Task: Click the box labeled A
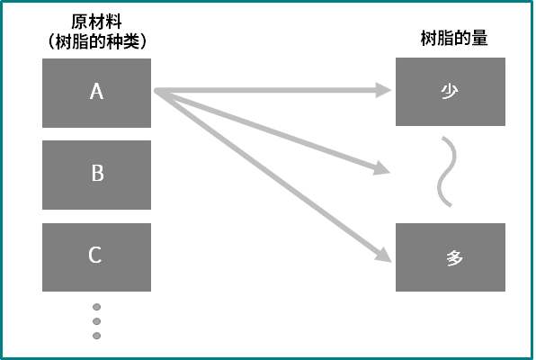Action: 96,93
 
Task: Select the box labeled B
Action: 96,175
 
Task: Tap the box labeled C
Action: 96,257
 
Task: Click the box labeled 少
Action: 451,92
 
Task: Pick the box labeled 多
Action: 451,257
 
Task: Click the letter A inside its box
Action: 96,92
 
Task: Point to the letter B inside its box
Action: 97,173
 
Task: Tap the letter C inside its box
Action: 95,255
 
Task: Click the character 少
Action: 450,92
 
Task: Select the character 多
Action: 455,257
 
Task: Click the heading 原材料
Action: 96,22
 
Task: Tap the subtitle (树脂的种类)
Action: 97,41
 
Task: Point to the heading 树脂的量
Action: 454,38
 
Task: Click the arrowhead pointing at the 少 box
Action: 383,90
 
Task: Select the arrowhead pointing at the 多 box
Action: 384,255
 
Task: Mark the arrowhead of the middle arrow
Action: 382,168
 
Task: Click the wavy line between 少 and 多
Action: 447,172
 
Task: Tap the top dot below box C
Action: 97,307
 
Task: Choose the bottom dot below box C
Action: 97,336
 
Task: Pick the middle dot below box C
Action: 97,321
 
